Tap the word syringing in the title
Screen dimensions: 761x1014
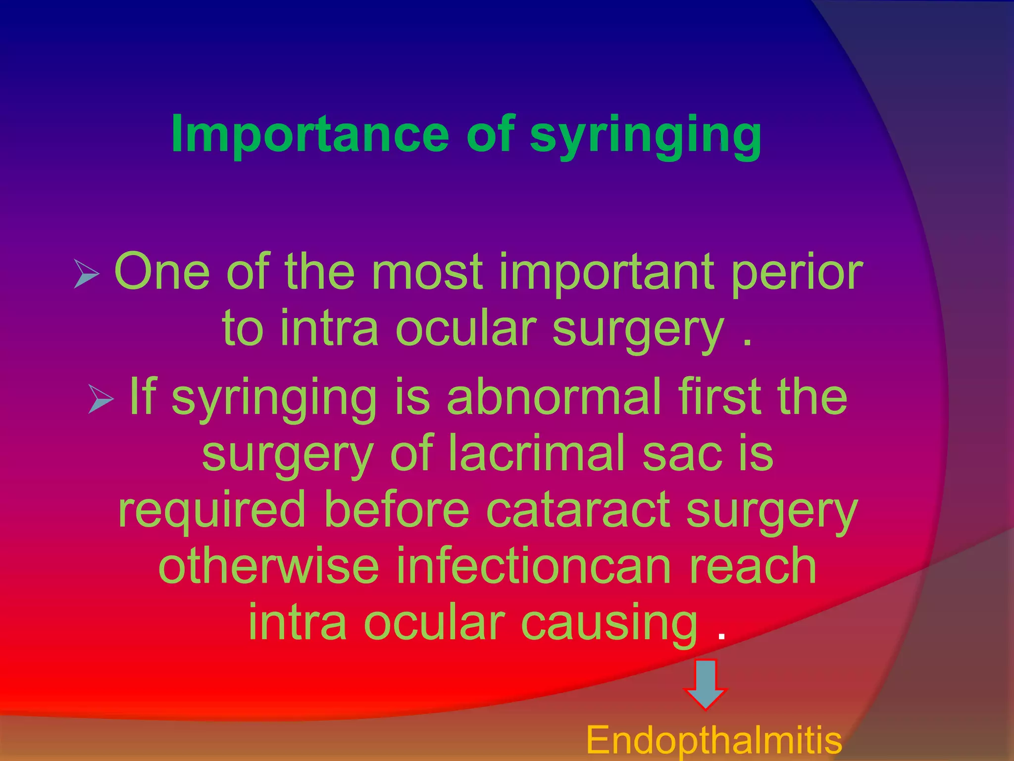(x=646, y=135)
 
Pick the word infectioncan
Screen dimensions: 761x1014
(x=534, y=566)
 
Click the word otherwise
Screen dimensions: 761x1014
(x=268, y=566)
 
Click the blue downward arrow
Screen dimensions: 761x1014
(x=705, y=684)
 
